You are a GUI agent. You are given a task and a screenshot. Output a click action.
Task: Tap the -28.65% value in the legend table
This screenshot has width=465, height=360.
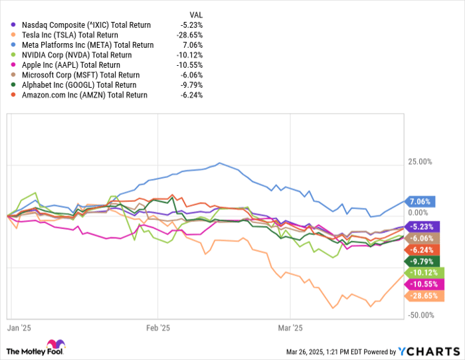[x=191, y=35]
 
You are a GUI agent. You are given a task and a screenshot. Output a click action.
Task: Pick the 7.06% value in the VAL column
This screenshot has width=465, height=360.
[x=193, y=45]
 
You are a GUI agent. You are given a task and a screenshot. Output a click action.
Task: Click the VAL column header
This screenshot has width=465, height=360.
[x=195, y=13]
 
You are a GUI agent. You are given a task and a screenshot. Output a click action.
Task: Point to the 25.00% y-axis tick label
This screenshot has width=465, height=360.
[x=420, y=161]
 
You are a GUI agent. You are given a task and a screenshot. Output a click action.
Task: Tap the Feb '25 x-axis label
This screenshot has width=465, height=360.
[x=157, y=327]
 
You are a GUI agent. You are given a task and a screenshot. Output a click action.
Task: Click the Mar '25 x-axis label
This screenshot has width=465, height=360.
[x=290, y=327]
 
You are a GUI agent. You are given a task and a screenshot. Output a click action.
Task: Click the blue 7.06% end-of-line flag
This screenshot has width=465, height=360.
[x=420, y=201]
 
